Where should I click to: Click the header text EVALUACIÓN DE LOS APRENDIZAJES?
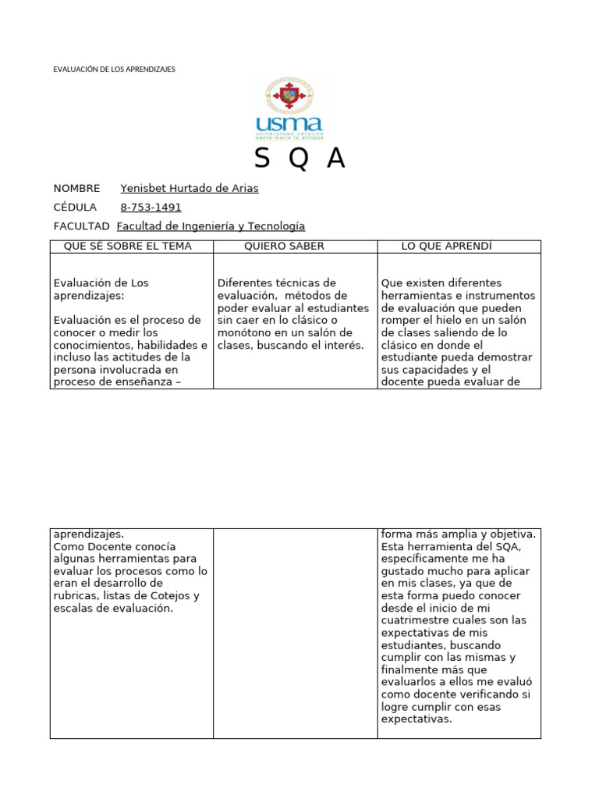114,69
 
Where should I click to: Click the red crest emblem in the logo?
289,96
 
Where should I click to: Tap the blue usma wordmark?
289,124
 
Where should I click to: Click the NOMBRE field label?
76,188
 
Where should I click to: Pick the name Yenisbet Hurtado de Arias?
190,188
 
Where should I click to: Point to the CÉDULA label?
75,208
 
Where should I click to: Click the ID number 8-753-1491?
151,208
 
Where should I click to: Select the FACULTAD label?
81,226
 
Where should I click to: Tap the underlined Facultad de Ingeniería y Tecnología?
211,226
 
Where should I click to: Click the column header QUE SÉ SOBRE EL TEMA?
127,247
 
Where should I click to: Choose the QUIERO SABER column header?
284,247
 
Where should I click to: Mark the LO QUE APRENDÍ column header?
447,247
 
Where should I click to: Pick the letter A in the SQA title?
335,158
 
